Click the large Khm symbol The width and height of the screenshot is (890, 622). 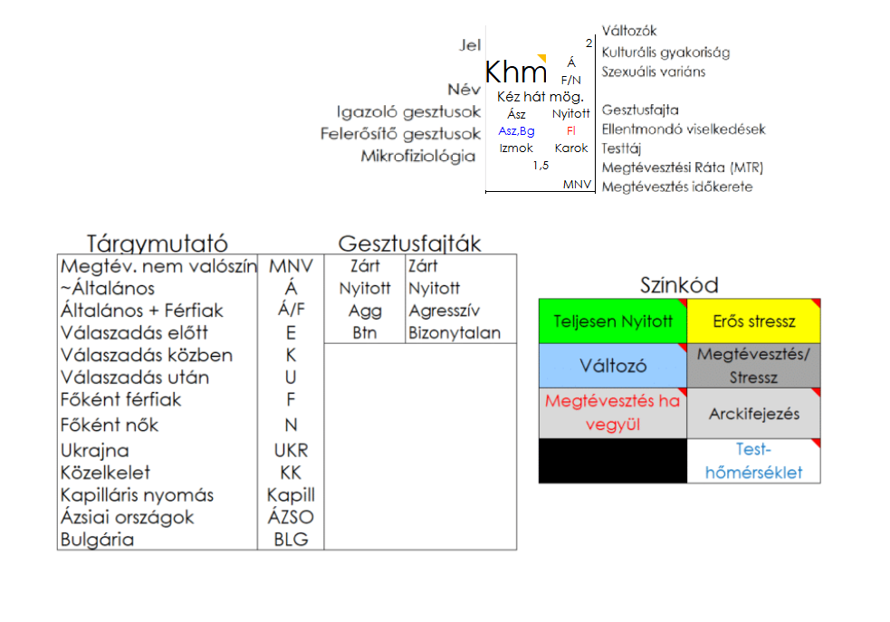click(x=516, y=72)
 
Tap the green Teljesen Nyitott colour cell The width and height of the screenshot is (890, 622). click(x=613, y=321)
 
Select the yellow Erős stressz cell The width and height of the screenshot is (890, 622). click(x=753, y=321)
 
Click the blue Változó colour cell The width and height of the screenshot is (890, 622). click(x=613, y=367)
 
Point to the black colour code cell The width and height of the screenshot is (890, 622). click(x=613, y=460)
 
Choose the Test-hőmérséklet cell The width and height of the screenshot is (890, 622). click(x=753, y=460)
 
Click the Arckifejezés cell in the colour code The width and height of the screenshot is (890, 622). click(x=753, y=414)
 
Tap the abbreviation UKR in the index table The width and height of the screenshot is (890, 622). click(x=291, y=450)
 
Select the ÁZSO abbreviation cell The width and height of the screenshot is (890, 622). click(x=291, y=517)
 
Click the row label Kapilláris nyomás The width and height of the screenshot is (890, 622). click(x=137, y=495)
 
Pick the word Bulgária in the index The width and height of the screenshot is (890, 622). click(x=97, y=540)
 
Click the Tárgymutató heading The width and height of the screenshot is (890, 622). click(x=157, y=244)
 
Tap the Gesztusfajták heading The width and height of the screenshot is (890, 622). click(x=409, y=244)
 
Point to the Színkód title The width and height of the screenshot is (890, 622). click(x=679, y=286)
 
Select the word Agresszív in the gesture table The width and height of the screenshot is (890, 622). click(x=438, y=311)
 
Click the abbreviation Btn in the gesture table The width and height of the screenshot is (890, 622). click(x=365, y=332)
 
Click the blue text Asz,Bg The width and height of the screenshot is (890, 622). click(x=516, y=131)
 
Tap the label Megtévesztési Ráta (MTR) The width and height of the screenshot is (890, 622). click(x=683, y=167)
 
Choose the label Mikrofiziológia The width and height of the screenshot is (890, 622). click(x=418, y=157)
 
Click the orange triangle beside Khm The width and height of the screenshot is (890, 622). click(x=542, y=59)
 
